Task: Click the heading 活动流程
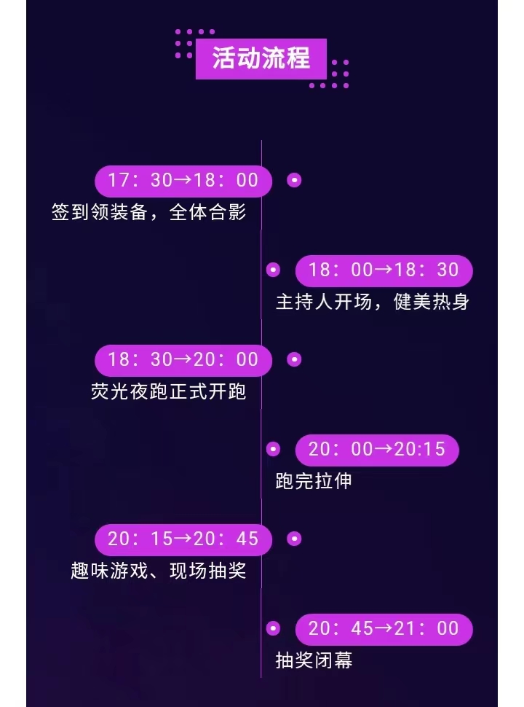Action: point(261,58)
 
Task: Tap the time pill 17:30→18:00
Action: point(183,180)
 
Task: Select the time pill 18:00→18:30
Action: point(384,270)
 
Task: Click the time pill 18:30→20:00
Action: point(183,359)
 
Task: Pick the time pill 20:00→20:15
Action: point(376,450)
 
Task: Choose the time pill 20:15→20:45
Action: point(183,539)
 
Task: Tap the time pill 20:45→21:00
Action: point(384,629)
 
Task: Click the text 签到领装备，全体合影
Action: point(149,213)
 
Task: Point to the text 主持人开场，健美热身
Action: point(372,302)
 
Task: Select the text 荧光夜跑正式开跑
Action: point(169,392)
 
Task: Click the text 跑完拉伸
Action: point(314,481)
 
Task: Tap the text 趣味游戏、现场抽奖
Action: point(159,571)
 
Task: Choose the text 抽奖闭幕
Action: point(314,660)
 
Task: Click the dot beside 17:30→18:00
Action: point(294,180)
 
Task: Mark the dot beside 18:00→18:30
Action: point(273,270)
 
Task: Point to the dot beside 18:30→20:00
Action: point(294,359)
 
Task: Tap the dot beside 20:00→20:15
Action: point(273,450)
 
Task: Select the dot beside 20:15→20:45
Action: point(294,539)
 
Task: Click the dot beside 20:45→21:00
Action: point(273,629)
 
